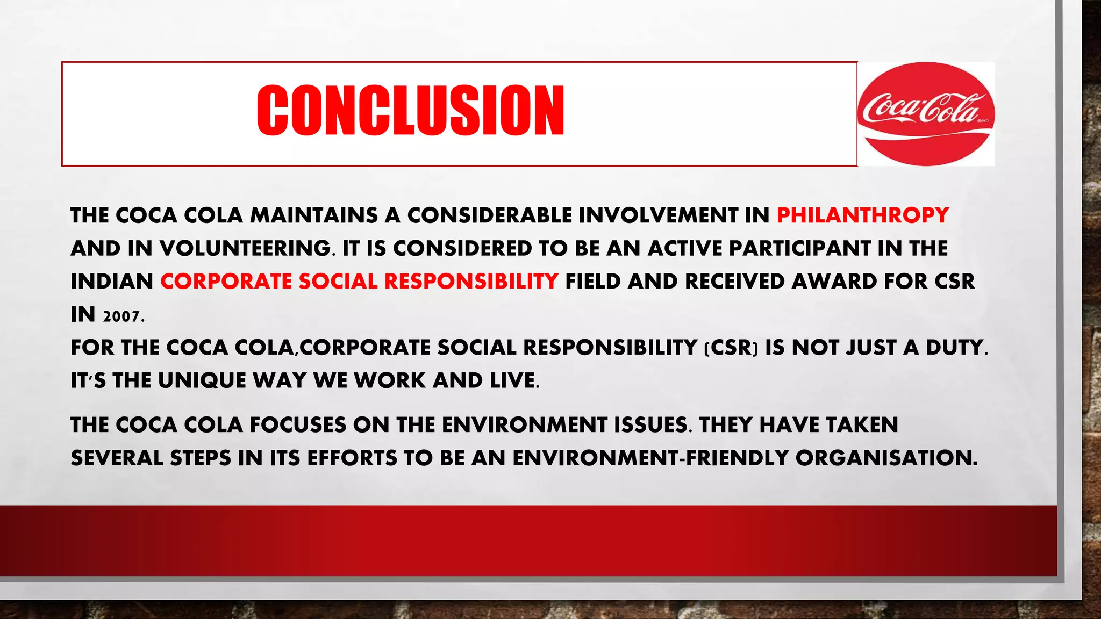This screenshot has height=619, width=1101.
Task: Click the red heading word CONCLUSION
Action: (411, 110)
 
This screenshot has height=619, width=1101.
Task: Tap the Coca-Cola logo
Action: (926, 113)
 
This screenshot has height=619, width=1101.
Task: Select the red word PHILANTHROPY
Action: (863, 215)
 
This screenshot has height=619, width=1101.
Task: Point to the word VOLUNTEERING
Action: (245, 249)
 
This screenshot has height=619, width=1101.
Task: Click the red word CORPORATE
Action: (226, 282)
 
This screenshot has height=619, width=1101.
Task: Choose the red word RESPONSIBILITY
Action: (471, 282)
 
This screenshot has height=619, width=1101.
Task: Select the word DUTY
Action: (955, 348)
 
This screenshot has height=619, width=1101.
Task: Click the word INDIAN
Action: (112, 282)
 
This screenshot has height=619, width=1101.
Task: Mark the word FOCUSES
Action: (298, 425)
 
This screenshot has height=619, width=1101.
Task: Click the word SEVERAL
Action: (117, 458)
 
